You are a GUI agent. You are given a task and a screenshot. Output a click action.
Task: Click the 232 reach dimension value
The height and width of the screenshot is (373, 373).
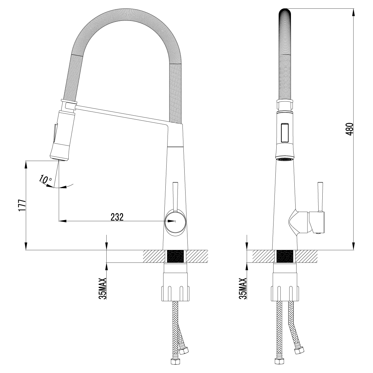click(x=117, y=217)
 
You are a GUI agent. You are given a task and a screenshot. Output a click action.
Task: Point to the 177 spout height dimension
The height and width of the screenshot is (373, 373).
click(x=21, y=205)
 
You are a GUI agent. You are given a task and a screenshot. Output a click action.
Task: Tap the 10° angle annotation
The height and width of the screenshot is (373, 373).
click(x=45, y=179)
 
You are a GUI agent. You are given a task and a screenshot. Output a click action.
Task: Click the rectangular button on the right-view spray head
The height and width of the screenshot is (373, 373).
click(x=285, y=133)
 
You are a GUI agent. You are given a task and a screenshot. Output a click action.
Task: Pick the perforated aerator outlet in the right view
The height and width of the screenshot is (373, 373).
click(x=284, y=159)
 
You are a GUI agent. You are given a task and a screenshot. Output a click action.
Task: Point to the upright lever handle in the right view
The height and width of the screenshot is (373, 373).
click(x=320, y=197)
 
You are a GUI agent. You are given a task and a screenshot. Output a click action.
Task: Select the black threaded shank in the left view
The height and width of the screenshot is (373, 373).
click(x=176, y=256)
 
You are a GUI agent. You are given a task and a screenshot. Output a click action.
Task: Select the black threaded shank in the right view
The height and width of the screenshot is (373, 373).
click(x=284, y=256)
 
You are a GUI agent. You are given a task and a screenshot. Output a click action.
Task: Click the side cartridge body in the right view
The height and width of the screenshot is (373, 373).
click(x=316, y=222)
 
